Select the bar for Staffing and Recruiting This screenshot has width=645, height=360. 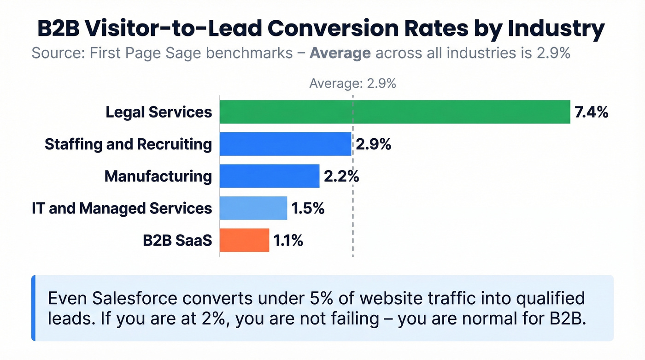(x=285, y=144)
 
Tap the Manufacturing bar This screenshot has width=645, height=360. (x=269, y=176)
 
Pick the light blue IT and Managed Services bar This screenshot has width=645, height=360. (x=253, y=208)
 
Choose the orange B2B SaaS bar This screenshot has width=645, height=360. (x=244, y=240)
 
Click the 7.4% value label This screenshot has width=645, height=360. (x=591, y=112)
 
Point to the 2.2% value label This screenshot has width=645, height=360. (x=341, y=176)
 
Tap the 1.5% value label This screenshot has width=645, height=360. (x=308, y=208)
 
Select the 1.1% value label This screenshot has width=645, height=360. (x=288, y=240)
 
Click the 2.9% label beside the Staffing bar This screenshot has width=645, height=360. (x=373, y=144)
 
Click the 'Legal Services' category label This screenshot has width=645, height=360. (x=159, y=112)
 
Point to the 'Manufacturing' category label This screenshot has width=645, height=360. (x=158, y=176)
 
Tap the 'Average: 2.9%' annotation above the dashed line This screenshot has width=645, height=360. (x=352, y=83)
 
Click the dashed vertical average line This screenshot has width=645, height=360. (x=353, y=221)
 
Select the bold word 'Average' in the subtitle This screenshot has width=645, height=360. (x=340, y=53)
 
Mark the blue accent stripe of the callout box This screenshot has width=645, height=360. (x=33, y=308)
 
